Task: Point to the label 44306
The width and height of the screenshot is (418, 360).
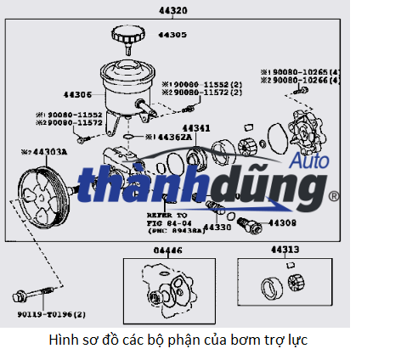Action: [76, 94]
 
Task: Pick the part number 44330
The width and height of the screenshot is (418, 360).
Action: [217, 228]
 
